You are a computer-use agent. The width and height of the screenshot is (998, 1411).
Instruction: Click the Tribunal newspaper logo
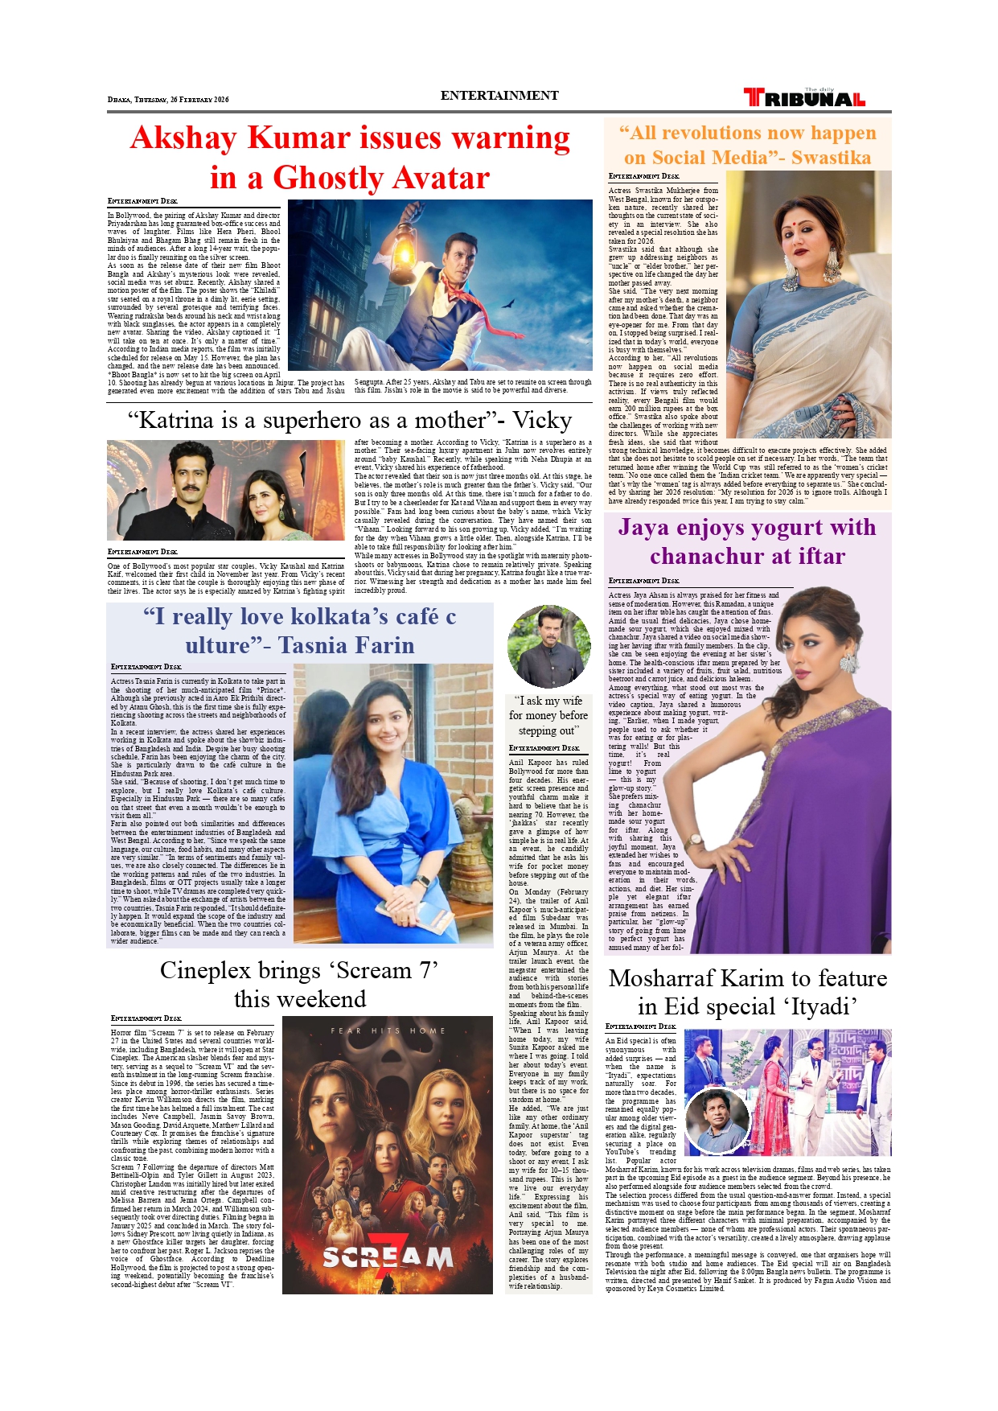click(804, 98)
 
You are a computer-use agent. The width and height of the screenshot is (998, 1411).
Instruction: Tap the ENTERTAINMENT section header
click(499, 96)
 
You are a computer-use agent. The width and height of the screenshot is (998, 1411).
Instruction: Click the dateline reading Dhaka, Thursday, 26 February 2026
click(168, 100)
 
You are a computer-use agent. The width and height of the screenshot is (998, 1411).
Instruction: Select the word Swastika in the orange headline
click(831, 158)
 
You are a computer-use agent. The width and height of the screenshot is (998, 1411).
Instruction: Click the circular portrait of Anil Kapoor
click(548, 646)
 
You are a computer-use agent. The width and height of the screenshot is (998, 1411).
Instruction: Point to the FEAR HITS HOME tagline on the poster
click(388, 1030)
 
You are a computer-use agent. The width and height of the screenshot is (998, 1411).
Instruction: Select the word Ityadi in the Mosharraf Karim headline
click(812, 1006)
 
